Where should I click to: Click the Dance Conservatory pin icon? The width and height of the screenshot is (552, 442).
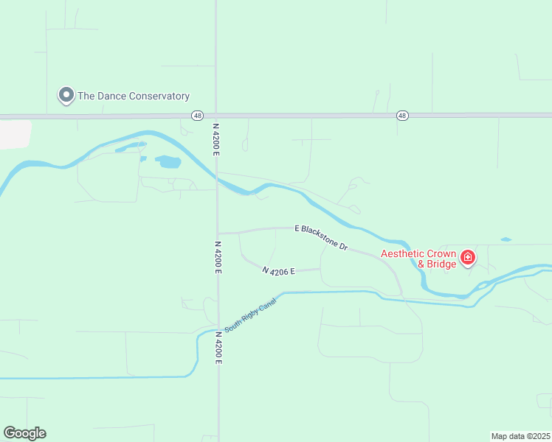point(66,95)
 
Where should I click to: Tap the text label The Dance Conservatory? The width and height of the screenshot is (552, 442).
point(134,96)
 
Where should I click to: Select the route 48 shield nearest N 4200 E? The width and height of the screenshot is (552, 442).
point(197,116)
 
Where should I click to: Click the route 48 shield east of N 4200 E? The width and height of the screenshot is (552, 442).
point(401,116)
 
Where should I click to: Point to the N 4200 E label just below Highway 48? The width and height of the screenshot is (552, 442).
point(216,138)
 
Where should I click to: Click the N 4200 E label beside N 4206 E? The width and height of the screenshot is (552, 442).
point(218,256)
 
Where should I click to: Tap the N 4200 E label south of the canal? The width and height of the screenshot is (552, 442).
point(218,348)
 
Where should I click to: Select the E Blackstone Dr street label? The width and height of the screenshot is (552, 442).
point(321,237)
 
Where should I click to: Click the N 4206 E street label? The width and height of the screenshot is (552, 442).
point(279,271)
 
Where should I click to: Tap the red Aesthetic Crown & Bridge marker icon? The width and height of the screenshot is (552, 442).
point(467,258)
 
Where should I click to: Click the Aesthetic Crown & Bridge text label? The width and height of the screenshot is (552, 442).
point(418,259)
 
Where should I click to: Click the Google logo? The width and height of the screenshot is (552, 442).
point(24,433)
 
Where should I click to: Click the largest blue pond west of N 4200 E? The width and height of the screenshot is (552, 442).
point(168,161)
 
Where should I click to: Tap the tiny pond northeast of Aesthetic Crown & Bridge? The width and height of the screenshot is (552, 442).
point(506,239)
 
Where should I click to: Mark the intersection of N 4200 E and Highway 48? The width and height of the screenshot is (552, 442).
point(216,116)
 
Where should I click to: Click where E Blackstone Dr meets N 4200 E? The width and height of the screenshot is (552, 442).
point(218,233)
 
